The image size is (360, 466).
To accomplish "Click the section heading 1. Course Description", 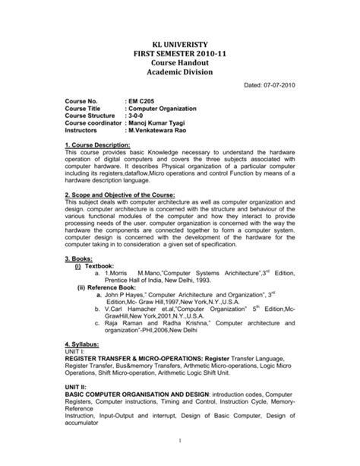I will pyautogui.click(x=98, y=164).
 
